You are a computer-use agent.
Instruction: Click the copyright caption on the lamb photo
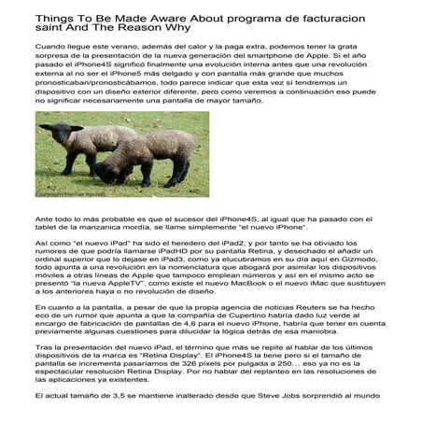click(x=70, y=194)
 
